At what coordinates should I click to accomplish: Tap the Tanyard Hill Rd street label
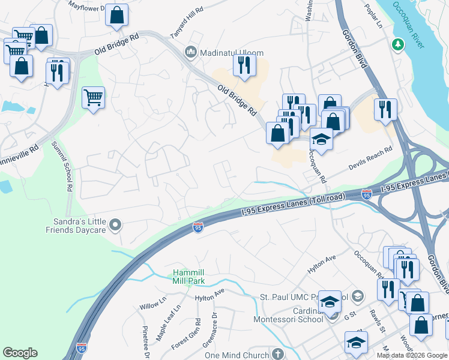pos(187,23)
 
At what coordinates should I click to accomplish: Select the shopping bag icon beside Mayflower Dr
pos(117,16)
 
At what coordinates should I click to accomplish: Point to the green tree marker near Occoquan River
pos(397,45)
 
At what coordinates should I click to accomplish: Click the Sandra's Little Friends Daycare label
pos(77,225)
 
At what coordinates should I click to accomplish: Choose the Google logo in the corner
pos(20,353)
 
